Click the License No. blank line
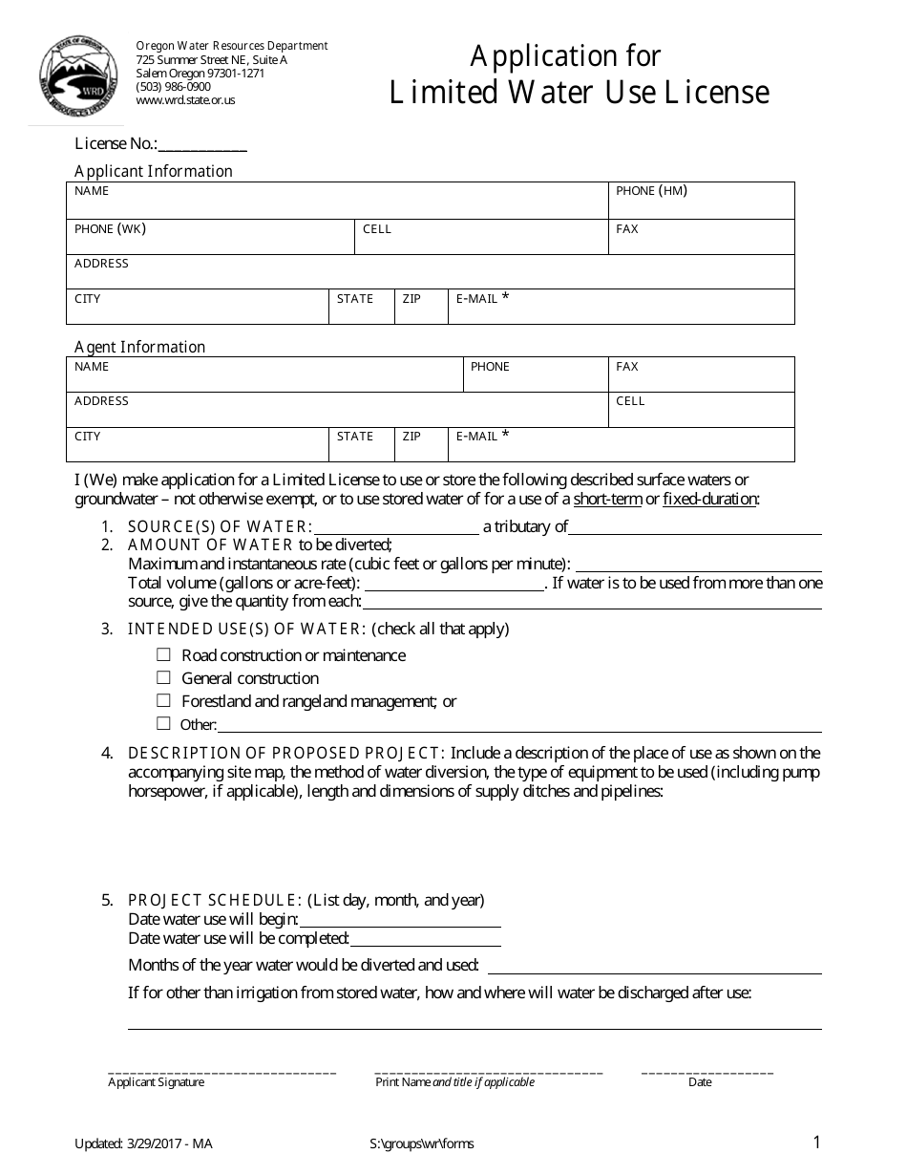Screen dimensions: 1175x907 coord(202,145)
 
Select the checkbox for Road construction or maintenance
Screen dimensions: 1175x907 coord(163,655)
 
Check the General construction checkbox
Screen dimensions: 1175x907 coord(163,678)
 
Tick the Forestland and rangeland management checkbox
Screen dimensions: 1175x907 coord(163,701)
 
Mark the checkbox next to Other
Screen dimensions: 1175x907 coord(163,724)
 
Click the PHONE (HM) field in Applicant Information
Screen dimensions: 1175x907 coord(701,202)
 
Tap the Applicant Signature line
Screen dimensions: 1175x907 coord(221,1070)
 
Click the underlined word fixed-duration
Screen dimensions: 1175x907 coord(710,500)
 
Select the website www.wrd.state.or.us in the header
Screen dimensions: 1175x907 coord(185,100)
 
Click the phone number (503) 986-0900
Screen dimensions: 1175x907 coord(174,86)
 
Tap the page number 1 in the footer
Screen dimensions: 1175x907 coord(816,1142)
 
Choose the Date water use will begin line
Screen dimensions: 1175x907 coord(400,920)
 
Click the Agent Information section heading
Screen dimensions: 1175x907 coord(140,347)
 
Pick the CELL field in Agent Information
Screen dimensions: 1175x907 coord(701,410)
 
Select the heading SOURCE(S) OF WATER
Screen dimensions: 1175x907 coord(220,526)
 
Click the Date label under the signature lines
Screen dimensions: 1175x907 coord(700,1082)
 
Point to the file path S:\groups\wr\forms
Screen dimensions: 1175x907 coord(421,1143)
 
